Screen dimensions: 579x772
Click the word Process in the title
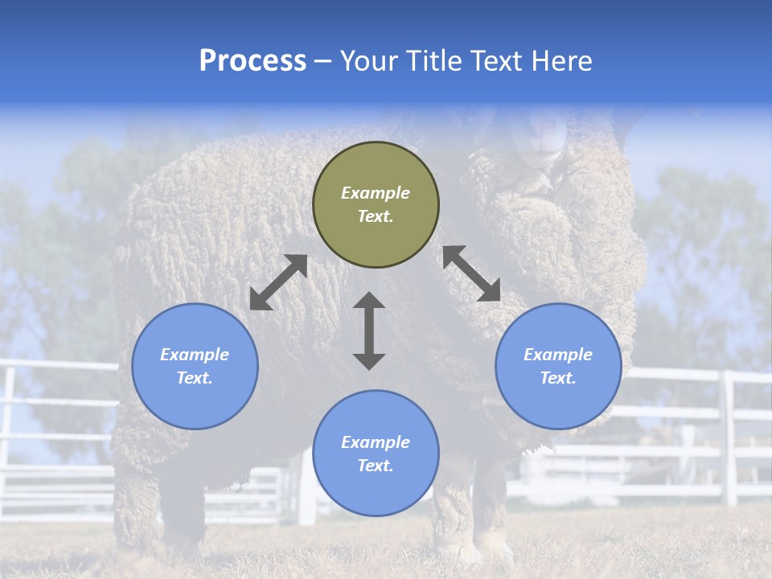(x=253, y=61)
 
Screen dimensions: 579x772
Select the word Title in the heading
(x=435, y=61)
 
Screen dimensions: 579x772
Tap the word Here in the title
(x=560, y=61)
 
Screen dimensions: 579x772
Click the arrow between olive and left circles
(x=278, y=282)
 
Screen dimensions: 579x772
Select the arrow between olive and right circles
(x=472, y=273)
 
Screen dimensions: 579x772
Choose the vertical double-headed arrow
(x=369, y=331)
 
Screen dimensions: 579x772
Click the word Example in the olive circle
(x=376, y=193)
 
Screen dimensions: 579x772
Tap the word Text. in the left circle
(x=195, y=378)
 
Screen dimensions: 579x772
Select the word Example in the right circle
(x=558, y=355)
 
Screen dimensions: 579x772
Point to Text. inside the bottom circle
(x=376, y=466)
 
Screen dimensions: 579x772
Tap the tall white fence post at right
(x=729, y=438)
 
